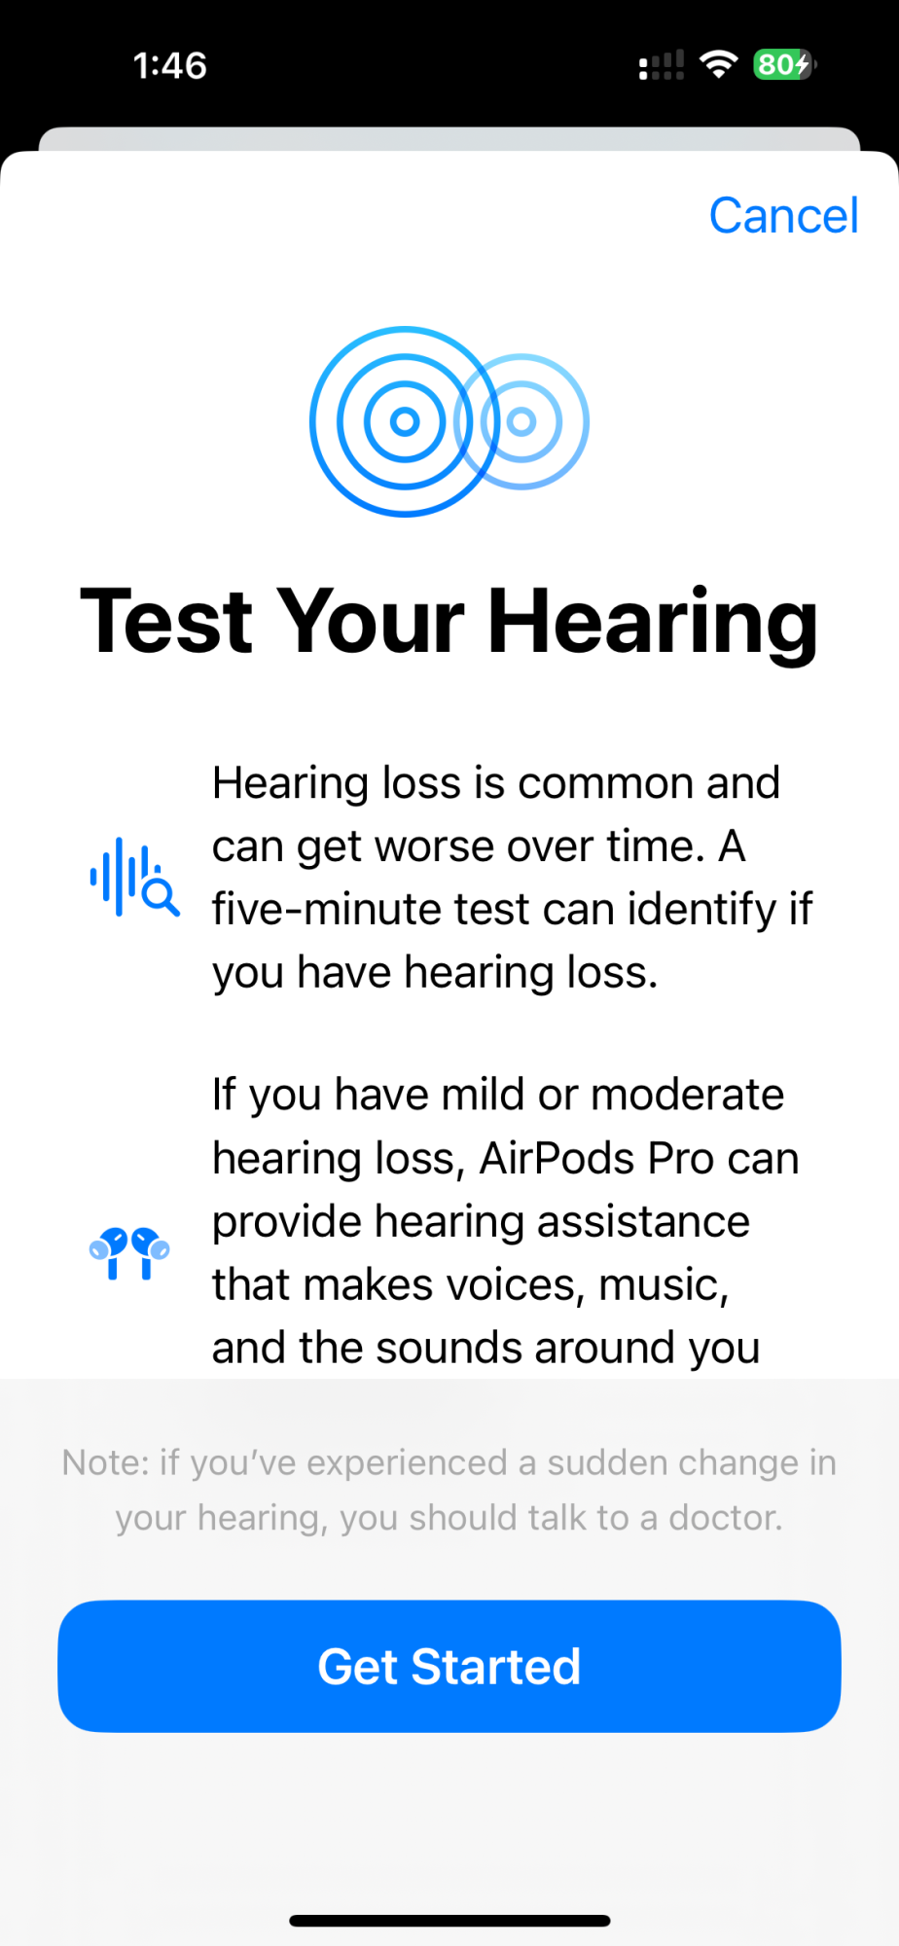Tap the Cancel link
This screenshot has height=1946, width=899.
click(x=783, y=215)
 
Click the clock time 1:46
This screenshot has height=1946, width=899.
click(x=169, y=65)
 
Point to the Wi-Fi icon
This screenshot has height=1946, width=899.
click(x=719, y=64)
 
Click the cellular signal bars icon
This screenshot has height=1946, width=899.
click(x=662, y=65)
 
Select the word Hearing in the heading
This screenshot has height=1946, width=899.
click(x=652, y=624)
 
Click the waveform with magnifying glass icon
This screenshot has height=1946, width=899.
click(x=134, y=877)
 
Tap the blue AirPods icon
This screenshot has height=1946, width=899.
click(x=129, y=1253)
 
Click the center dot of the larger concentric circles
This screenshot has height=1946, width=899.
click(x=405, y=421)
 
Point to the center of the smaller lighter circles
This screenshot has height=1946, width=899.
click(x=521, y=421)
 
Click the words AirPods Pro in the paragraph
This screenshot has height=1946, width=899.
click(x=597, y=1158)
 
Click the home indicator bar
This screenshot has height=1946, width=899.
click(x=449, y=1921)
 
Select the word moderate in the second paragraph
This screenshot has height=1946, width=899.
click(x=687, y=1095)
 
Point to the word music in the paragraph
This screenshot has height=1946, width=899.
click(x=664, y=1285)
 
